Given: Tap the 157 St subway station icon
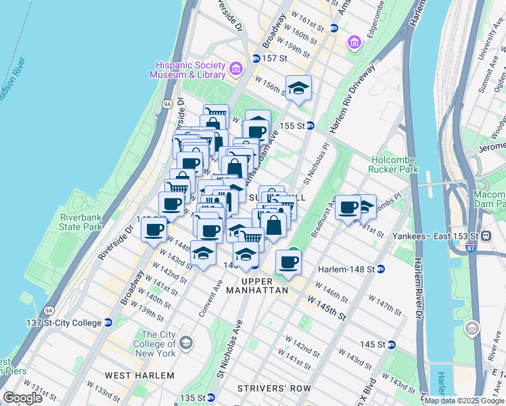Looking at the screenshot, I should click(256, 58).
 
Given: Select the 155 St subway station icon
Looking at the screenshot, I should click(310, 125).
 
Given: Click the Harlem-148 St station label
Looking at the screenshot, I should click(348, 269).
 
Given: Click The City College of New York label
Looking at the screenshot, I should click(158, 344).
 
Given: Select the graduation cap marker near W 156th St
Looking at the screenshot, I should click(298, 88).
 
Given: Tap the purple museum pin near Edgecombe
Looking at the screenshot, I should click(354, 44).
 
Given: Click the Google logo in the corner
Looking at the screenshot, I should click(22, 398).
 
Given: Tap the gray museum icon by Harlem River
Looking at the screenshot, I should click(472, 330).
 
